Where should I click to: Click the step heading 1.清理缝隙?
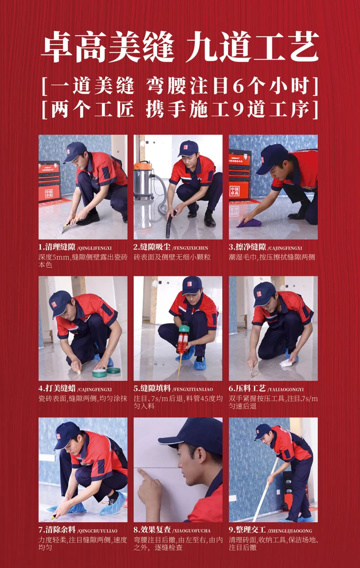57,247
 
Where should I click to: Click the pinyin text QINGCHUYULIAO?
97,531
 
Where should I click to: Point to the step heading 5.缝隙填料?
152,389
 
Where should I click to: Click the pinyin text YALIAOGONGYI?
286,390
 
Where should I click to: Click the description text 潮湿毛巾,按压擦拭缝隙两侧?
272,257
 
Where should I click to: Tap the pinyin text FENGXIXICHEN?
190,248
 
